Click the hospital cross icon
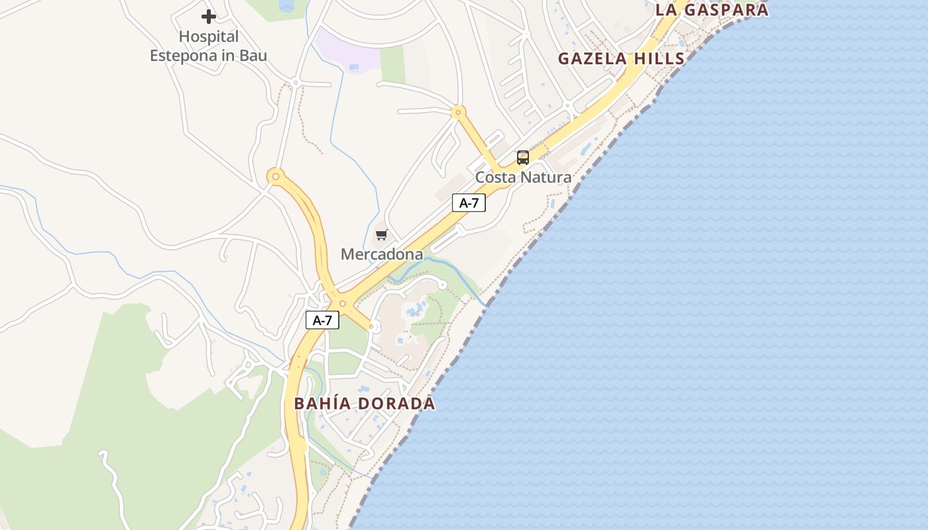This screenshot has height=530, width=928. tap(209, 17)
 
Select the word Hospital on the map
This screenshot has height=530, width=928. tap(209, 37)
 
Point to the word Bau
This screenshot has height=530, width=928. tap(253, 56)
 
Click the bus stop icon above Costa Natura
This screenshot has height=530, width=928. tap(523, 158)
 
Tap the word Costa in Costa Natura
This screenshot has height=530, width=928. tap(496, 178)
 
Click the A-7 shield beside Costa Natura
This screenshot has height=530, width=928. tap(469, 203)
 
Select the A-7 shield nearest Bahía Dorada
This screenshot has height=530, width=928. tap(322, 321)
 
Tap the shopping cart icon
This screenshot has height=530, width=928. tap(381, 235)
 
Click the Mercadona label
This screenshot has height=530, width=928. tap(382, 254)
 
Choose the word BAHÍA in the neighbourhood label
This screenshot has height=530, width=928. tap(324, 403)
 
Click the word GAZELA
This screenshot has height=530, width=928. tap(592, 58)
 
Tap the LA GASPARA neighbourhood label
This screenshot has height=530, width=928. tap(712, 9)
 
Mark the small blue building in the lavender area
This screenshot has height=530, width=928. tap(354, 67)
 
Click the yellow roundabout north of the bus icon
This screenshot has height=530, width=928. tap(457, 113)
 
